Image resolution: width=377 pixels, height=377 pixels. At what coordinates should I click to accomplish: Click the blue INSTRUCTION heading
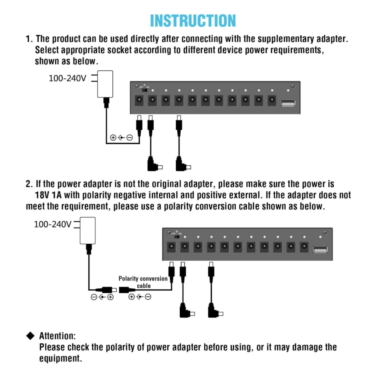coord(193,21)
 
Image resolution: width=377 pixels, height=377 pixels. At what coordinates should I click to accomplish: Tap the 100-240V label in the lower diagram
coord(53,224)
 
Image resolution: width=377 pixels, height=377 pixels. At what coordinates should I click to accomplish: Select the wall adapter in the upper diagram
coord(105,84)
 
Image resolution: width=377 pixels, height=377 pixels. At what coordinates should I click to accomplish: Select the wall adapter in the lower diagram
coord(88,230)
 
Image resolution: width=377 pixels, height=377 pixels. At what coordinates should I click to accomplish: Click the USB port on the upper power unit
coord(288,103)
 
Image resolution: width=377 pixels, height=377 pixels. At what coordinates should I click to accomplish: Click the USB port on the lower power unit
coord(320,249)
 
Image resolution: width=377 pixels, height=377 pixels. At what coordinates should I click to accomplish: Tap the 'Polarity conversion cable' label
coord(143,282)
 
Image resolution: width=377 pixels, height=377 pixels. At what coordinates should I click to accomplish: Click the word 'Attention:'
coord(57,336)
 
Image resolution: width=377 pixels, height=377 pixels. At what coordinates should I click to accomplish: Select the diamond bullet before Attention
coord(30,335)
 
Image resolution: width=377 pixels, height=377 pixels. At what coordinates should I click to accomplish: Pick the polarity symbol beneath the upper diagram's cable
coord(121,138)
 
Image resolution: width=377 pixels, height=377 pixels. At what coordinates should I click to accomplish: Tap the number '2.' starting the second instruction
coord(29,184)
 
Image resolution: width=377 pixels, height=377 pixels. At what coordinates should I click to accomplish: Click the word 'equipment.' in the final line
coord(60,358)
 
